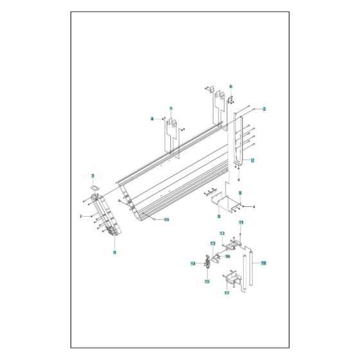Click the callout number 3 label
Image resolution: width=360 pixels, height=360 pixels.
pos(93,175)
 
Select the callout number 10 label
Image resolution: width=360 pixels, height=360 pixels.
pos(166,220)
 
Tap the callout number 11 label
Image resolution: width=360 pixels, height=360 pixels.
pos(241,222)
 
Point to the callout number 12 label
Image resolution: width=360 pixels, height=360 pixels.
pos(222,233)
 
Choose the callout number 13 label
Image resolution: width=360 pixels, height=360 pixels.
pos(213,244)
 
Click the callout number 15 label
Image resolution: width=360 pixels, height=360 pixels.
pos(207,282)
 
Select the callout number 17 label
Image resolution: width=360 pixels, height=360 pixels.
pos(227,293)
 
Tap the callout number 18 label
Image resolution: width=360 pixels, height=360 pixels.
pos(264,263)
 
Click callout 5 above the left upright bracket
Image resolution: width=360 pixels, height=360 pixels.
pos(171,109)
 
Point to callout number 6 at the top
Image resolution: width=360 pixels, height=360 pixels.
pos(230,85)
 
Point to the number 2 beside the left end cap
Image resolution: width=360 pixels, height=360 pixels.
pos(80,217)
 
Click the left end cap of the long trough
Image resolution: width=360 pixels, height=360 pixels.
pos(107,215)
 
